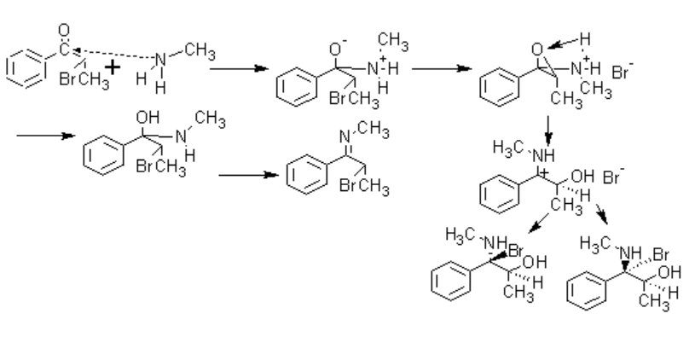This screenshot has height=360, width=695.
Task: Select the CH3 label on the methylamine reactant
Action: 198,53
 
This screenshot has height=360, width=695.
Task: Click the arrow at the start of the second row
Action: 43,136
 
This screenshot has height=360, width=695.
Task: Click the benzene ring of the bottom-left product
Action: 452,283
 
